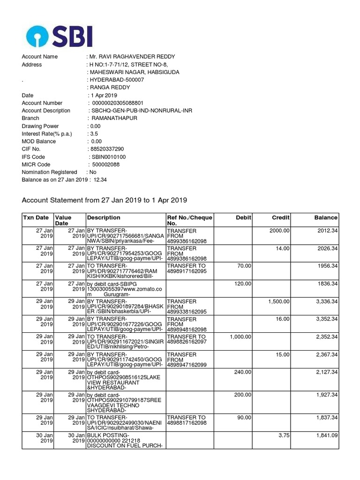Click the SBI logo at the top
click(x=60, y=36)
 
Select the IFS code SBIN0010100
click(x=109, y=157)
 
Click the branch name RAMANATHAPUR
click(x=114, y=118)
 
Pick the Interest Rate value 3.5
click(x=94, y=134)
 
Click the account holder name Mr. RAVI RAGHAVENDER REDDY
click(x=132, y=57)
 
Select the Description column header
click(x=104, y=217)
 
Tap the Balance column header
click(x=326, y=217)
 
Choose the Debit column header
click(x=244, y=217)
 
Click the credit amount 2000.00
click(x=279, y=231)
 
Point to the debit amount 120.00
click(x=243, y=284)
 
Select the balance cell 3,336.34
click(x=324, y=301)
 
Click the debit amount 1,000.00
click(x=241, y=337)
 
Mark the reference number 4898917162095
click(x=187, y=271)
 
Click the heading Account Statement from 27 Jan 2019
click(x=105, y=200)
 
